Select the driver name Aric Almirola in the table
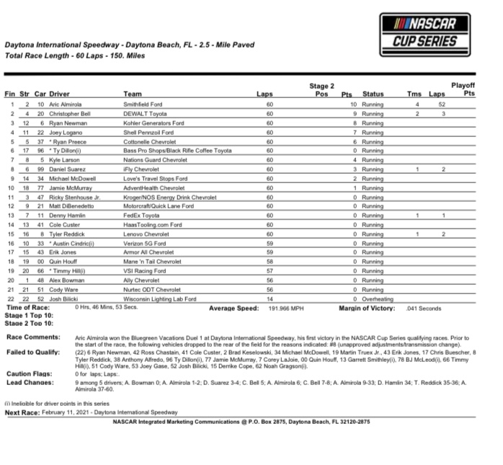(x=66, y=105)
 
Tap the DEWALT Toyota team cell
(x=146, y=114)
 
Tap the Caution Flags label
(x=30, y=374)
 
